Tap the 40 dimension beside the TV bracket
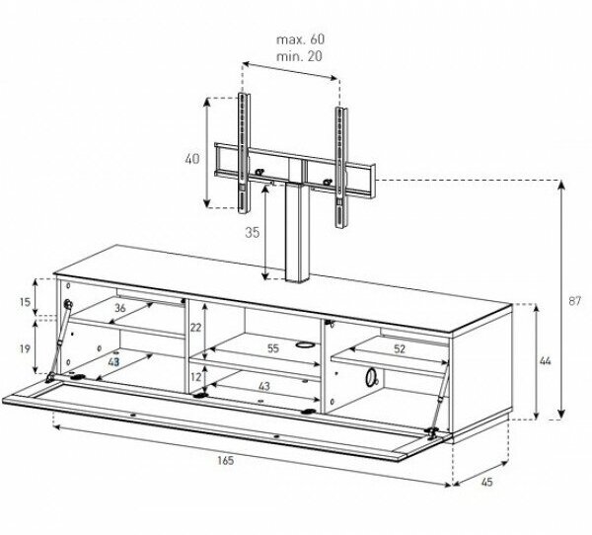(x=192, y=157)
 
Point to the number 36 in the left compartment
(x=119, y=309)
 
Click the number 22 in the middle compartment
(x=195, y=328)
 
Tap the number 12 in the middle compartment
(x=195, y=376)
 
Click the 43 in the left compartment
(x=114, y=362)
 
